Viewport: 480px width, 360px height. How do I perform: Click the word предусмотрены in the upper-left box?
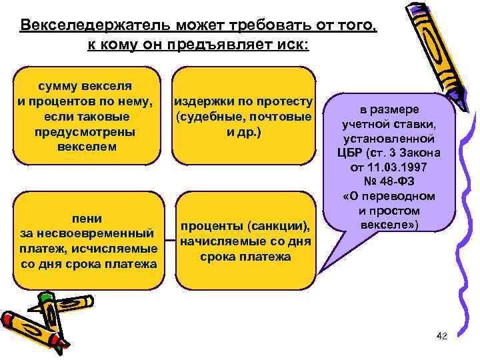tap(87, 131)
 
